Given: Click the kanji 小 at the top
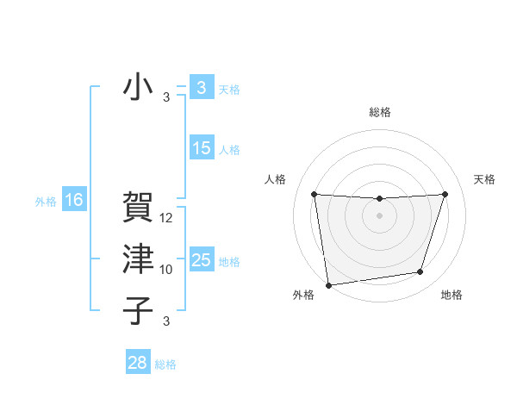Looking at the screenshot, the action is (x=138, y=87).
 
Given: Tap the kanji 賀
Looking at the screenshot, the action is (x=138, y=208).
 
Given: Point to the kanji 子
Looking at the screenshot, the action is (x=138, y=310).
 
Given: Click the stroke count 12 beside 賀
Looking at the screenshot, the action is (x=167, y=218).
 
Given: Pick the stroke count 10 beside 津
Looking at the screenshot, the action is (x=167, y=270).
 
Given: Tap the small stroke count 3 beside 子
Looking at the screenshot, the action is (x=166, y=321).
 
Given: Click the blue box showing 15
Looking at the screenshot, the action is (x=201, y=148).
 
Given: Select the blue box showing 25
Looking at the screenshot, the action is (x=201, y=260).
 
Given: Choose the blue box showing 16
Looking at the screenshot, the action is (x=74, y=201).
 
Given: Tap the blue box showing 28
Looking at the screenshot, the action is (x=137, y=363).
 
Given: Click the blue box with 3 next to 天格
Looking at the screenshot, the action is (x=201, y=88).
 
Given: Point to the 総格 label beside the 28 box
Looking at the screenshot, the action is (x=165, y=364).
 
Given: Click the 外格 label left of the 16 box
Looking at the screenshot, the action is (x=46, y=202).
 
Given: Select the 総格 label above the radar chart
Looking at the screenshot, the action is (x=379, y=112).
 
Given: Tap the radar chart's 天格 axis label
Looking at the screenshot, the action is (x=485, y=179).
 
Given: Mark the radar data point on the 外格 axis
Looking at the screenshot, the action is (x=327, y=285).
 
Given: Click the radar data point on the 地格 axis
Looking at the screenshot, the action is (x=420, y=272).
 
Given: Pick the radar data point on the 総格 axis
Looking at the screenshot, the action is (x=379, y=199).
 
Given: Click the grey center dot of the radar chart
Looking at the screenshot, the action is (x=379, y=215).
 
